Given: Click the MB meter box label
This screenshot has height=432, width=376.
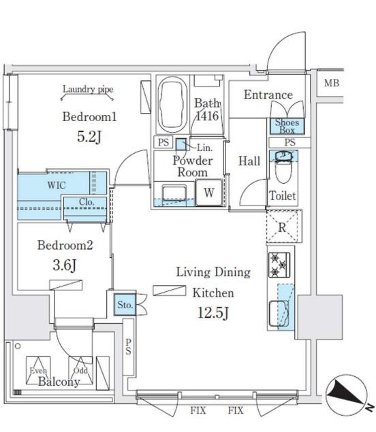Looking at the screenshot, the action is click(331, 83).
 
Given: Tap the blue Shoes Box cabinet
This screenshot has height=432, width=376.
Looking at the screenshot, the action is click(287, 126).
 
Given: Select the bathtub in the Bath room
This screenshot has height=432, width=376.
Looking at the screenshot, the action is click(173, 105).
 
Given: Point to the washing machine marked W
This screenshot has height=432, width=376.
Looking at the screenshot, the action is click(209, 193).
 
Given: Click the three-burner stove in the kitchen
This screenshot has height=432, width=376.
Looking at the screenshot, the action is click(279, 265).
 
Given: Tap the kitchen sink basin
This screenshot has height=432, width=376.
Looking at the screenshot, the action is click(279, 314).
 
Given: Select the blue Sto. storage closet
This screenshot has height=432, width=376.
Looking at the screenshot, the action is click(125, 304).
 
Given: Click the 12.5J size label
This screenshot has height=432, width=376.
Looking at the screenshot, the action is click(213, 313).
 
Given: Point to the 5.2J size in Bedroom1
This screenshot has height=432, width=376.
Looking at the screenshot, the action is click(89, 137).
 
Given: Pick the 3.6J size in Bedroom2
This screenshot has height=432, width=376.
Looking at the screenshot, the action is click(65, 265).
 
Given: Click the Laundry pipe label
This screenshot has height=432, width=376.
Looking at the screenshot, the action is click(88, 89).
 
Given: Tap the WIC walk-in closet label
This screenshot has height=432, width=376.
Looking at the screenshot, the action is click(57, 185).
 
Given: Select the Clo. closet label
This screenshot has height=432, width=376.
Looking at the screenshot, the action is click(87, 202).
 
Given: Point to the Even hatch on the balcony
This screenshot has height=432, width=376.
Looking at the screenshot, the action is click(38, 371).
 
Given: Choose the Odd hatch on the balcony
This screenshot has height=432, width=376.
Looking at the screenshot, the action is click(80, 371).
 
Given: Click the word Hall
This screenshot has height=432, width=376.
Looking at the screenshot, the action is click(249, 161).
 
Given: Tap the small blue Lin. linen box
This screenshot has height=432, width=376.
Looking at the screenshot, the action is click(181, 144).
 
